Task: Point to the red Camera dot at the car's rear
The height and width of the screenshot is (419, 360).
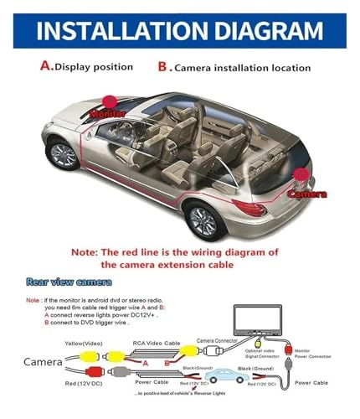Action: click(x=301, y=175)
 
